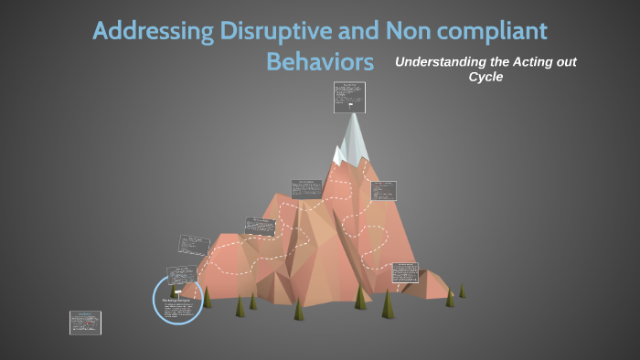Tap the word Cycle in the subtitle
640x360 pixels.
click(x=486, y=77)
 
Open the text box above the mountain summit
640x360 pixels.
click(x=348, y=97)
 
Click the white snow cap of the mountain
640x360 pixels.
click(x=355, y=137)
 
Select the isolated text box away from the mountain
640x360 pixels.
click(x=85, y=323)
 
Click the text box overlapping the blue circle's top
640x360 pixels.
click(x=182, y=275)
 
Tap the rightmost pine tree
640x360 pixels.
click(x=462, y=291)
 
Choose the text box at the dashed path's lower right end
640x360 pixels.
click(x=404, y=272)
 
